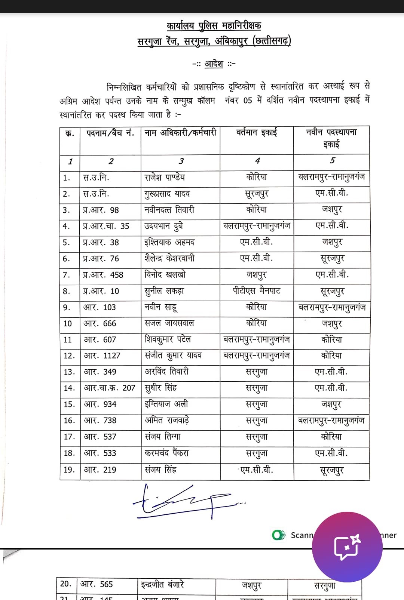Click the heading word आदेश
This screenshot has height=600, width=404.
214,64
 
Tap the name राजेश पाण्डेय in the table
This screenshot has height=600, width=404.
165,178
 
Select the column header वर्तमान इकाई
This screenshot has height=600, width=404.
257,132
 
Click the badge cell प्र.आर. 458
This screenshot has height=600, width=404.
103,275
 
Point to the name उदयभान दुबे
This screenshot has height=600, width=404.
163,226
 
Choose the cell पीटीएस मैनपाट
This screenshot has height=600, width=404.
257,291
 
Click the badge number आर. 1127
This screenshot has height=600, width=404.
102,356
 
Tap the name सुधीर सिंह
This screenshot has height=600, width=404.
160,388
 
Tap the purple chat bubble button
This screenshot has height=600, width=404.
347,547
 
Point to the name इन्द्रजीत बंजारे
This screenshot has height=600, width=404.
162,584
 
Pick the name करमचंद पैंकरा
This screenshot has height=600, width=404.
166,453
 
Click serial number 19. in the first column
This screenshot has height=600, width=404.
69,470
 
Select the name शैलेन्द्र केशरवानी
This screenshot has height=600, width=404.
169,258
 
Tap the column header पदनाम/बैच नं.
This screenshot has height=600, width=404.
110,133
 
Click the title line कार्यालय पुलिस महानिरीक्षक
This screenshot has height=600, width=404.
214,25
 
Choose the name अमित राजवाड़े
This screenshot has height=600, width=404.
167,421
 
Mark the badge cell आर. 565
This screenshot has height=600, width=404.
97,584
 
